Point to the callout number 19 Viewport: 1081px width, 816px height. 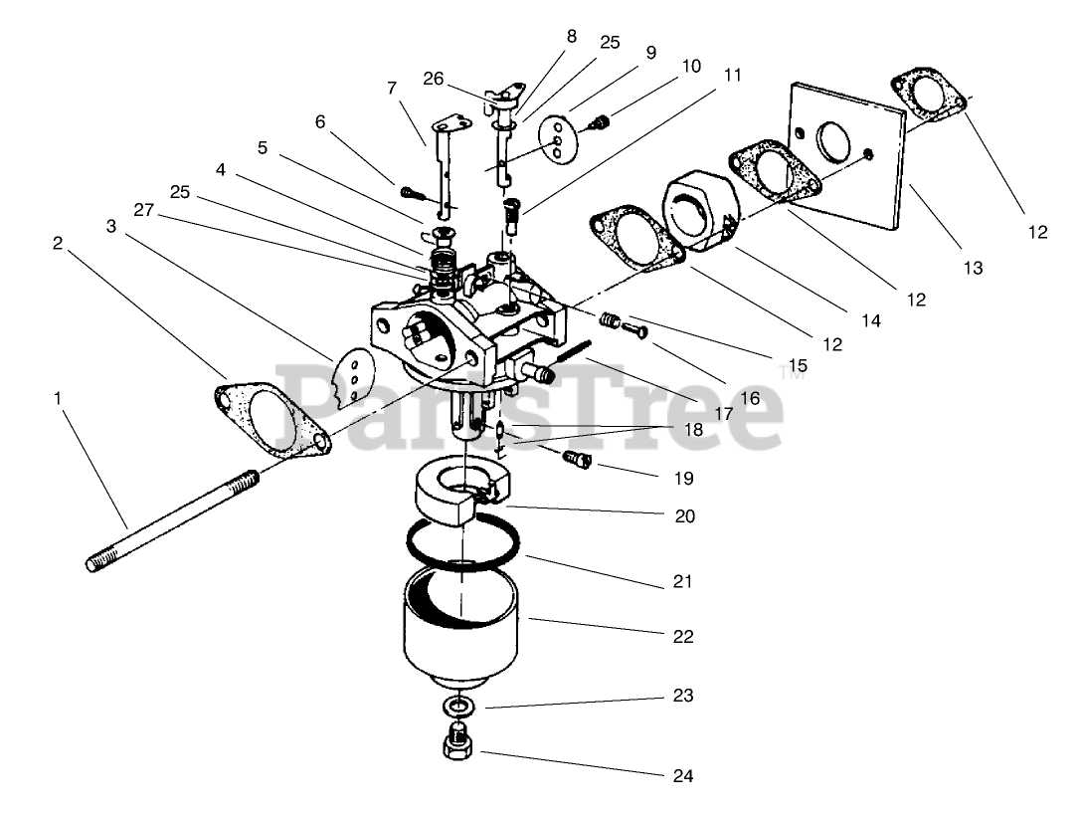tap(683, 478)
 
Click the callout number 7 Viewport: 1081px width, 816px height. tap(392, 87)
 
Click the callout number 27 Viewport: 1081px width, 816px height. tap(144, 211)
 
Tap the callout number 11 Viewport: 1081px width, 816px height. tap(733, 75)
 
